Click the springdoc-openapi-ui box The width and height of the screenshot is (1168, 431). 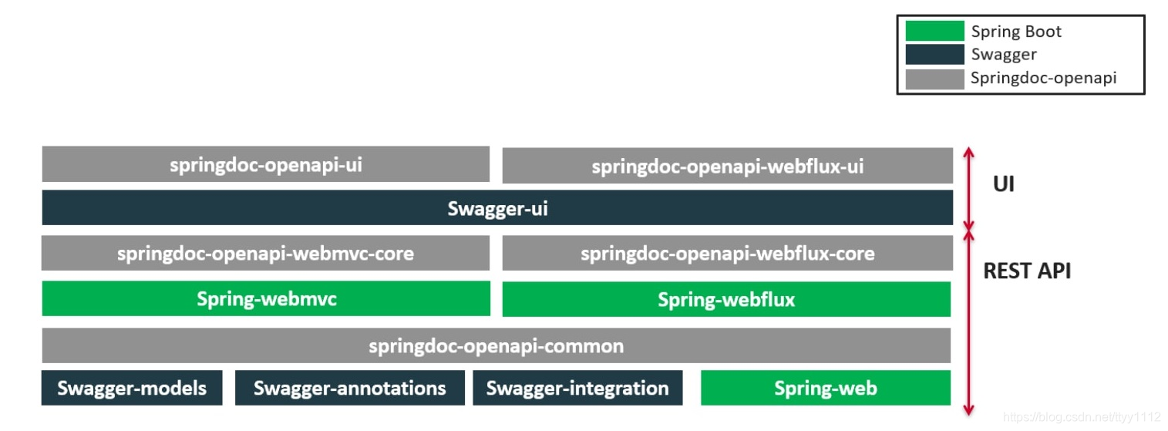coord(265,164)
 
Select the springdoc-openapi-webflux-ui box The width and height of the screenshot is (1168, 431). coord(727,166)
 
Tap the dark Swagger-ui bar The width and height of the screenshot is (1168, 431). coord(497,208)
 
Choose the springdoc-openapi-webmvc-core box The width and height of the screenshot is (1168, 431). coord(265,253)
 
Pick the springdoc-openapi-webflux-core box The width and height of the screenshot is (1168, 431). coord(727,253)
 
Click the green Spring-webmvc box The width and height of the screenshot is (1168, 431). coord(266,298)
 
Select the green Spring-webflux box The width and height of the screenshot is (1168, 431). coord(726,299)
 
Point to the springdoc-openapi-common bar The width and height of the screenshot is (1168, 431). coord(496,345)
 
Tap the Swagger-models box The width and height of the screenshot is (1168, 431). coord(132,387)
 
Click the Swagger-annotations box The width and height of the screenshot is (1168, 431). coord(349,387)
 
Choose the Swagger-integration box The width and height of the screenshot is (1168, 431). coord(577,387)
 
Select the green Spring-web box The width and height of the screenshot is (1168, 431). coord(825,388)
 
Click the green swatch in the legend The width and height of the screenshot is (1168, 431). coord(934,31)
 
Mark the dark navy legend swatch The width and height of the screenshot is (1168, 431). coord(934,54)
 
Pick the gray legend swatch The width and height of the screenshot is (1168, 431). coord(934,78)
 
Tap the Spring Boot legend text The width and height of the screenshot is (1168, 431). coord(1016,32)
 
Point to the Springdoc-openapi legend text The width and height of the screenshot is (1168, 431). coord(1043,78)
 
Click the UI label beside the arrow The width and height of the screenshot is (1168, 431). coord(1003,185)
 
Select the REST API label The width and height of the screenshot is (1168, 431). coord(1027,271)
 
